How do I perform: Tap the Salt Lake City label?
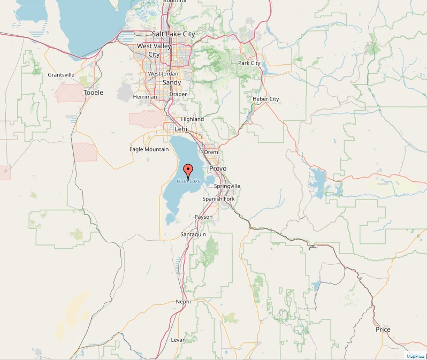[x=173, y=34]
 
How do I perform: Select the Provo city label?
[x=218, y=168]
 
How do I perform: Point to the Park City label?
[x=249, y=63]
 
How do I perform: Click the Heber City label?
[x=266, y=99]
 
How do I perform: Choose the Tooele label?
[x=93, y=93]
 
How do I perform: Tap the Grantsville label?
[x=62, y=75]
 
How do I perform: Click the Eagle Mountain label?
[x=149, y=149]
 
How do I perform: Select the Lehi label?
[x=181, y=129]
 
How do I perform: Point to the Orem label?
[x=211, y=152]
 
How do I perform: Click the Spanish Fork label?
[x=218, y=199]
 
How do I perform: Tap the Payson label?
[x=203, y=217]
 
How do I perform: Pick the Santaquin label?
[x=193, y=234]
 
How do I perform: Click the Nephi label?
[x=183, y=302]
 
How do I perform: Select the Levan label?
[x=178, y=340]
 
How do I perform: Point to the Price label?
[x=383, y=330]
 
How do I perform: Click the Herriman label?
[x=145, y=97]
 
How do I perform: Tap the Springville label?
[x=227, y=186]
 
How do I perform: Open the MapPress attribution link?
[x=415, y=356]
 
